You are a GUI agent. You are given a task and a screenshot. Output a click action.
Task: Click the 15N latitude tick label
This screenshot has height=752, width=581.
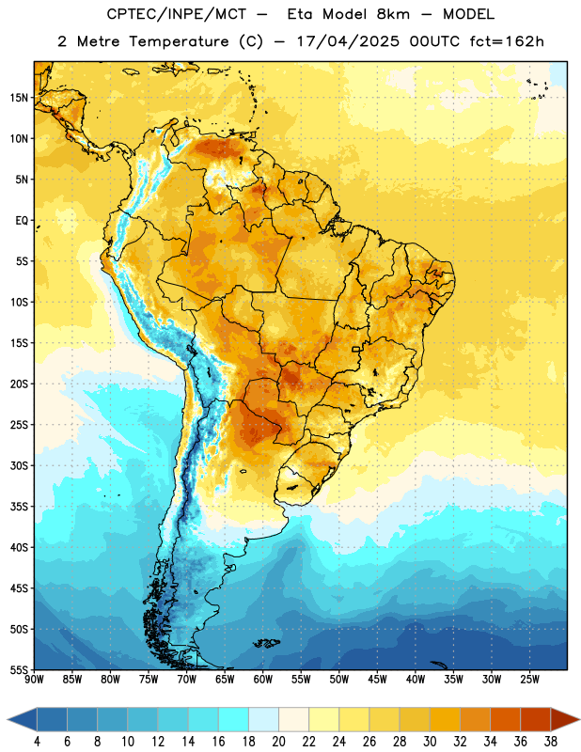tap(19, 98)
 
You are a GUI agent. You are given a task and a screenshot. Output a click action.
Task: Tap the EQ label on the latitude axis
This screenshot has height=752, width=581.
tap(22, 221)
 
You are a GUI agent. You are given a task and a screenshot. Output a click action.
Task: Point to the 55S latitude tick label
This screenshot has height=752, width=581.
tap(19, 670)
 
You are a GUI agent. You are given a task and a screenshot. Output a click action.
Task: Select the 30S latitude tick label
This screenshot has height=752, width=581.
tap(19, 465)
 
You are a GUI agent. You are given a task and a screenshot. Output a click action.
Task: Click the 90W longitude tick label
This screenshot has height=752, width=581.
tap(34, 680)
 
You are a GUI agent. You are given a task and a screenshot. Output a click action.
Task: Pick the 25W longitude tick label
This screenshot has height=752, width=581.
tap(529, 680)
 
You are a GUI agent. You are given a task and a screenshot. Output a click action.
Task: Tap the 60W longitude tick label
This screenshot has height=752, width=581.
tap(263, 680)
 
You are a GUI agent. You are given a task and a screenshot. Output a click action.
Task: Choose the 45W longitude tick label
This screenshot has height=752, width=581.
tap(377, 680)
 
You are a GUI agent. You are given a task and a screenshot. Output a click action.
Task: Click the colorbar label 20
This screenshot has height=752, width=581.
tap(278, 742)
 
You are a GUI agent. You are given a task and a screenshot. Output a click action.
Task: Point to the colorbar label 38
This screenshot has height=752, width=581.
tap(551, 742)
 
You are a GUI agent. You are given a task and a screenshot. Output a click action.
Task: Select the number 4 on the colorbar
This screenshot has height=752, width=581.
tap(37, 742)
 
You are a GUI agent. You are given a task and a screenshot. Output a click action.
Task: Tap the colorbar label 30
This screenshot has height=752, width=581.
tap(430, 742)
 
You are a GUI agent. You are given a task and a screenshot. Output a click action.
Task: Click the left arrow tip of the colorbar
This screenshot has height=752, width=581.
tap(8, 719)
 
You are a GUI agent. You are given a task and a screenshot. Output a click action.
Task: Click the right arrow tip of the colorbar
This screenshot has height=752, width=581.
tap(580, 719)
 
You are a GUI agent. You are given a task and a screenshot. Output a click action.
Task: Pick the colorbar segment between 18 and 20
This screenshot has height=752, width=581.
tap(264, 719)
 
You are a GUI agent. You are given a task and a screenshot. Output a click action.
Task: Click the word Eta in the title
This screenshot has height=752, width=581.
tap(300, 14)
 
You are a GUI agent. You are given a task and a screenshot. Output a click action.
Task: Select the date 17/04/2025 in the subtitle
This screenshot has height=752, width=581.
tap(348, 41)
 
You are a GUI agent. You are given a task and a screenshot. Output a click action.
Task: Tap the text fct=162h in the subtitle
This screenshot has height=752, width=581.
tap(507, 41)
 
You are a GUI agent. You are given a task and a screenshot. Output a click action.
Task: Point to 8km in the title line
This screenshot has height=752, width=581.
tap(393, 14)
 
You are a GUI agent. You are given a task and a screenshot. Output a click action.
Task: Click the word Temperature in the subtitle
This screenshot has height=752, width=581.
tap(179, 42)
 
